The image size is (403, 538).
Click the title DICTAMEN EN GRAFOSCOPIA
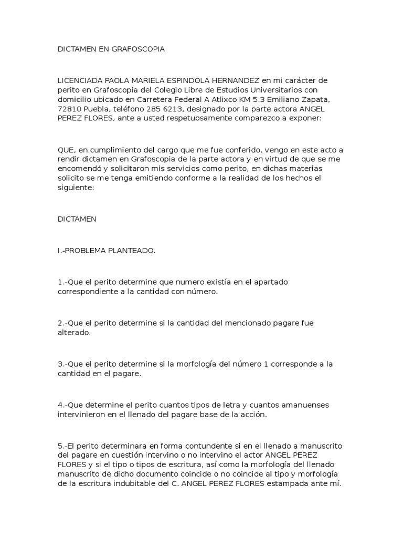pos(111,49)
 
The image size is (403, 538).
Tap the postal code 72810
pos(68,109)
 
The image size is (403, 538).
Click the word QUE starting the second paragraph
pos(66,150)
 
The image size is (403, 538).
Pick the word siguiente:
pos(76,188)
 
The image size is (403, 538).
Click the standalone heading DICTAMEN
pos(77,219)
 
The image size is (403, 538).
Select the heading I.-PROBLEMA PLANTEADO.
pos(107,251)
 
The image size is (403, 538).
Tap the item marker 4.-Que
pos(70,405)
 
